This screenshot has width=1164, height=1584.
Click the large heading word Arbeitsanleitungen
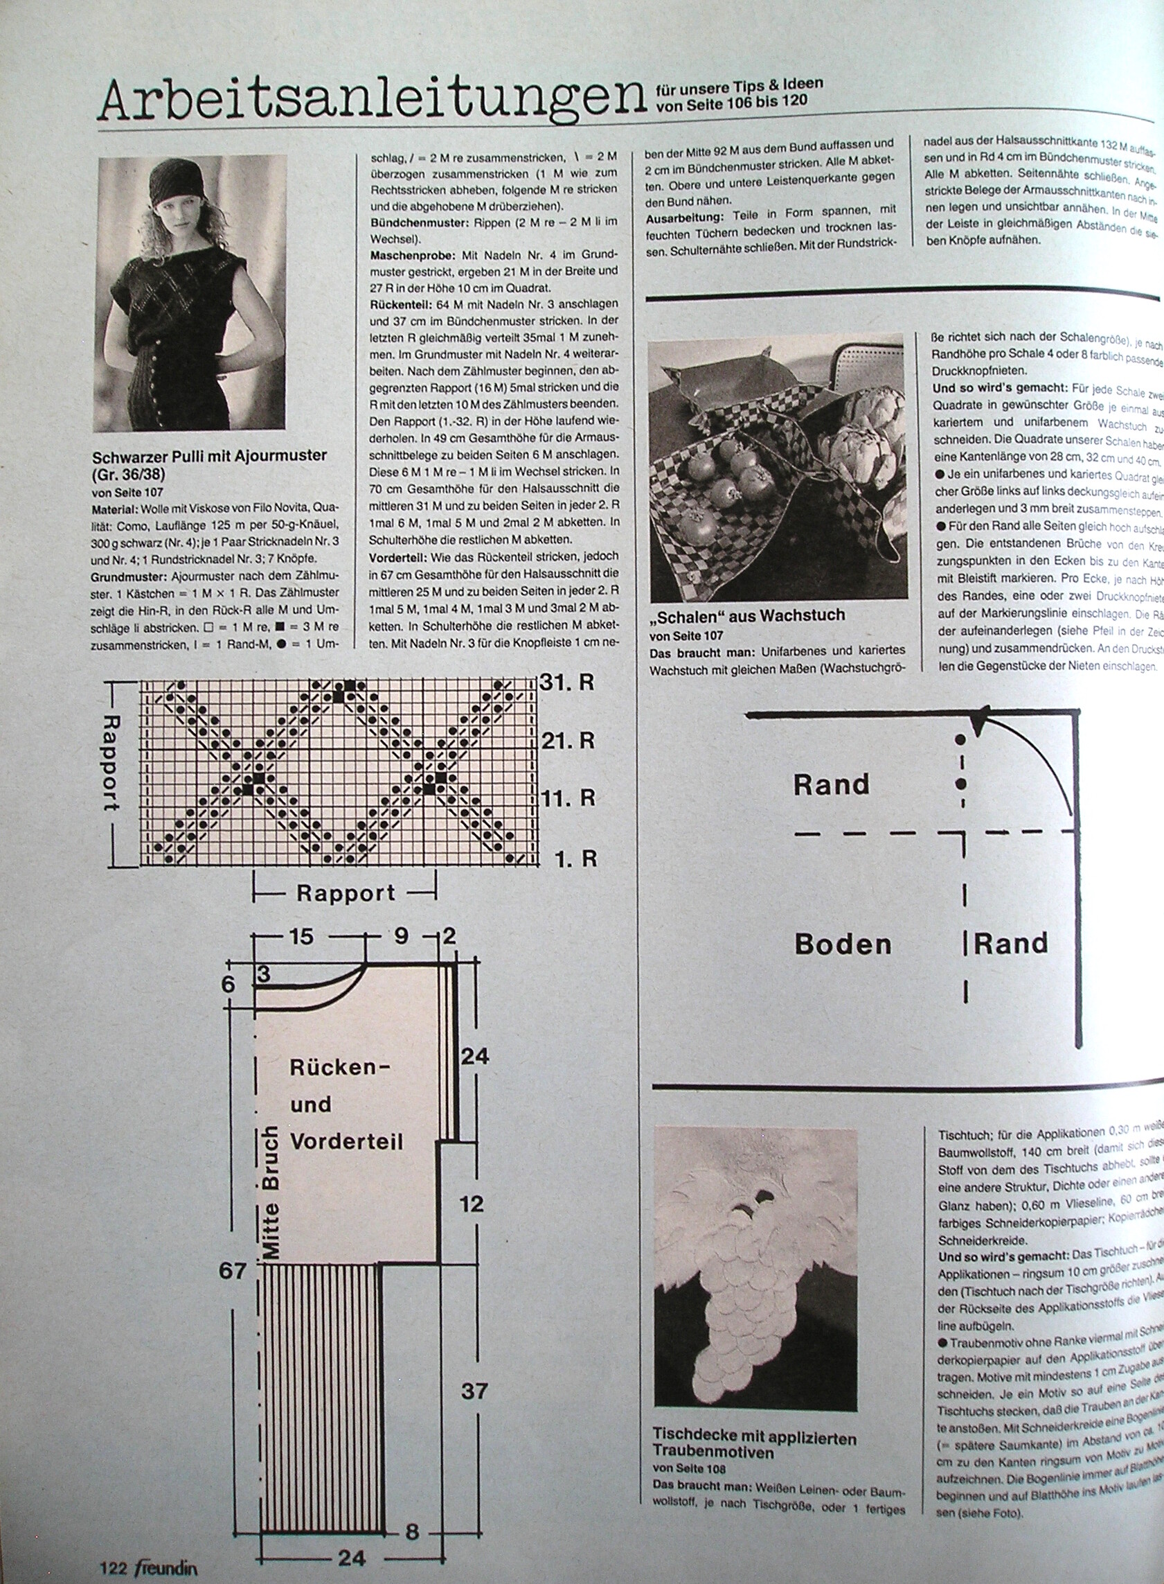(372, 99)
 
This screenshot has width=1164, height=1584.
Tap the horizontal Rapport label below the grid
(346, 893)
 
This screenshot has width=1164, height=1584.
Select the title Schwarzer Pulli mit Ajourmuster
(209, 455)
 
